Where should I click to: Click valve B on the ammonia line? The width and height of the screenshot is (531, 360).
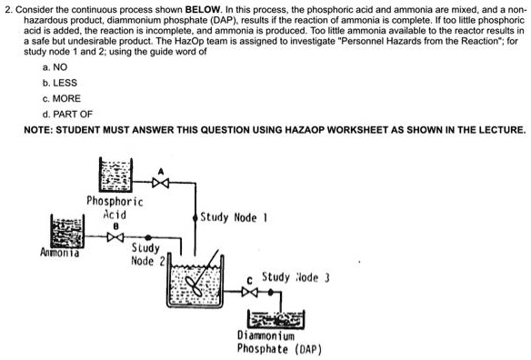(115, 242)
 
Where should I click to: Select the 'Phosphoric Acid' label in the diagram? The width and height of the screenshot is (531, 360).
(114, 206)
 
